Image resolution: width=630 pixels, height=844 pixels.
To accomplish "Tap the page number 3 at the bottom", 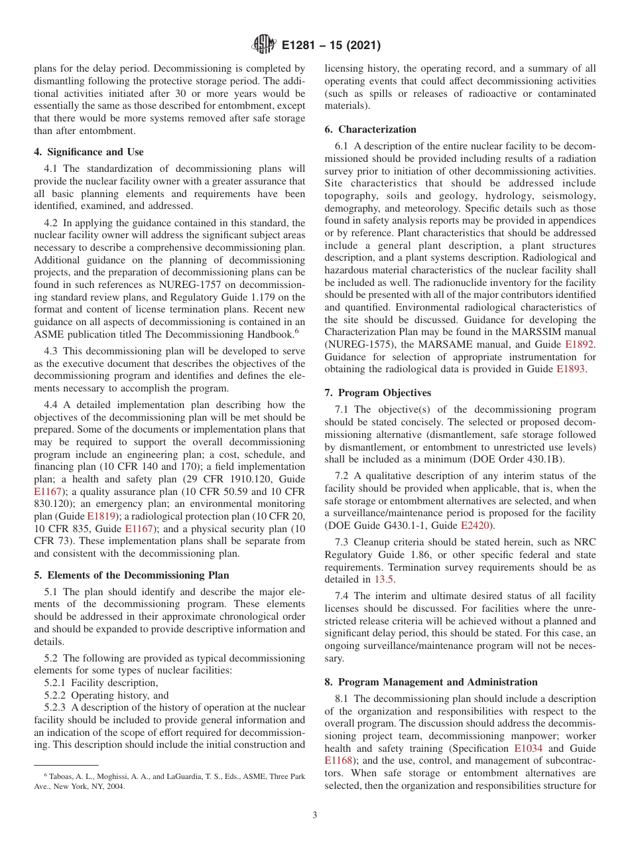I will (315, 815).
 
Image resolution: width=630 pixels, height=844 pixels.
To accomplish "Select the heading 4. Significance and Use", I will (89, 152).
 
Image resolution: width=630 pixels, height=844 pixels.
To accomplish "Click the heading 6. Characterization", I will (371, 129).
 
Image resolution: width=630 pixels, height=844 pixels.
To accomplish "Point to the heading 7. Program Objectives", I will (378, 393).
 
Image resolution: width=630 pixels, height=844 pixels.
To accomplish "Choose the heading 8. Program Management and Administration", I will (431, 682).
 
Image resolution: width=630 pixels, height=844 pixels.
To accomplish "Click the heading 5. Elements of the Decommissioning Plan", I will (131, 575).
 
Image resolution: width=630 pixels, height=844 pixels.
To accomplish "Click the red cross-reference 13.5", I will (385, 579).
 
